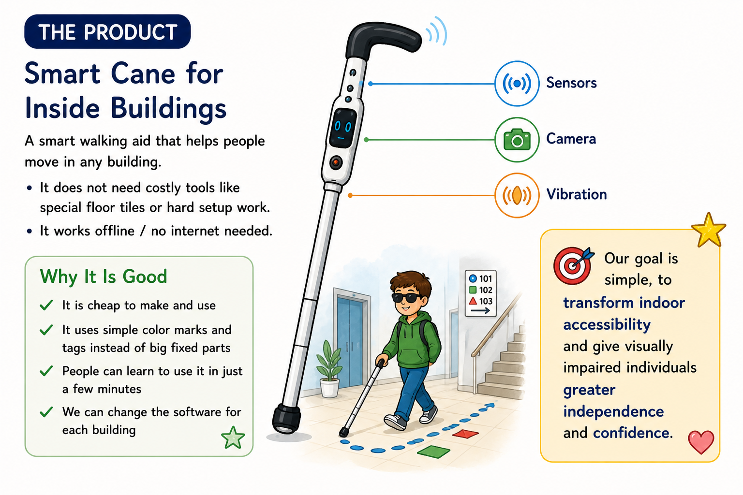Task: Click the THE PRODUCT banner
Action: pos(107,31)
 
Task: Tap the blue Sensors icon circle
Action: pos(517,84)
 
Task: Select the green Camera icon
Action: pos(517,140)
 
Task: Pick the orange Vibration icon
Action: pos(517,195)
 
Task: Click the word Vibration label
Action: pos(577,194)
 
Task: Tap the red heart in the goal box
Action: pos(701,442)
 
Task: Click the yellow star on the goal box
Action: pos(709,230)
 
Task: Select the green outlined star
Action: pos(233,437)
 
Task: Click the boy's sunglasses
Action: pos(407,298)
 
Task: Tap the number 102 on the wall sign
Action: pos(486,290)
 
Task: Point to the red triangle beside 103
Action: pos(473,301)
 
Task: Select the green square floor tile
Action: pos(433,452)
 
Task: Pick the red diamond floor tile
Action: pos(465,434)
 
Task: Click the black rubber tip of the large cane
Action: pos(286,419)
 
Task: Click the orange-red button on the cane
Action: pos(336,162)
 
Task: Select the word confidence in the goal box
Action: pos(633,433)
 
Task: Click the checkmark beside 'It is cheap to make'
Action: pos(46,305)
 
